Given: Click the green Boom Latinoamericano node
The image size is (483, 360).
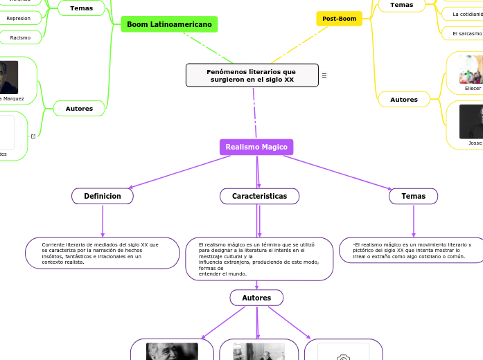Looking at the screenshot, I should pos(169,24).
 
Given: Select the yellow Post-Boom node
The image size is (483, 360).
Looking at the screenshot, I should pos(339,19).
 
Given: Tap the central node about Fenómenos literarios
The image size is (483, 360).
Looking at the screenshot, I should pos(252,75).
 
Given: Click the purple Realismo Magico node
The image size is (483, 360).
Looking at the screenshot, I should pos(256,147).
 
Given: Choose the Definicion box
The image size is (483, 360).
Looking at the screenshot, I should pos(103,197).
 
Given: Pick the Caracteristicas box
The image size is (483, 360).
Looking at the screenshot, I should pos(259,197).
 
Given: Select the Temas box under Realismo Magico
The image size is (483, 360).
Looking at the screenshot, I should pos(413,197).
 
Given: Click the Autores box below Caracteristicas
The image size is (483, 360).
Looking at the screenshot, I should pos(256,298).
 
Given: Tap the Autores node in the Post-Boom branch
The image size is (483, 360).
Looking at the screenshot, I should pos(404,100).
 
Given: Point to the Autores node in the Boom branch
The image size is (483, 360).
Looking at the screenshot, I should pos(79,109).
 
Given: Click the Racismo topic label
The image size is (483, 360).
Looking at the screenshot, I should pos(20,37).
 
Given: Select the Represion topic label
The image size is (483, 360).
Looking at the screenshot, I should pos(19,19).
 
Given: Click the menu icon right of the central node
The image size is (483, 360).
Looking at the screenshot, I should pos(324,75).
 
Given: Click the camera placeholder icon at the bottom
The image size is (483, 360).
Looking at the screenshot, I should pos(343,356).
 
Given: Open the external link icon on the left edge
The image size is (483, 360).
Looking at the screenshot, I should pos(33,136).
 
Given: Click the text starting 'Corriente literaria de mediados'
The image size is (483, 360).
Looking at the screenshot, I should pos(100,253).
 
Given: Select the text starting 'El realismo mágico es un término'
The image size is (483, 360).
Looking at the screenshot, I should pos(259,259).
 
